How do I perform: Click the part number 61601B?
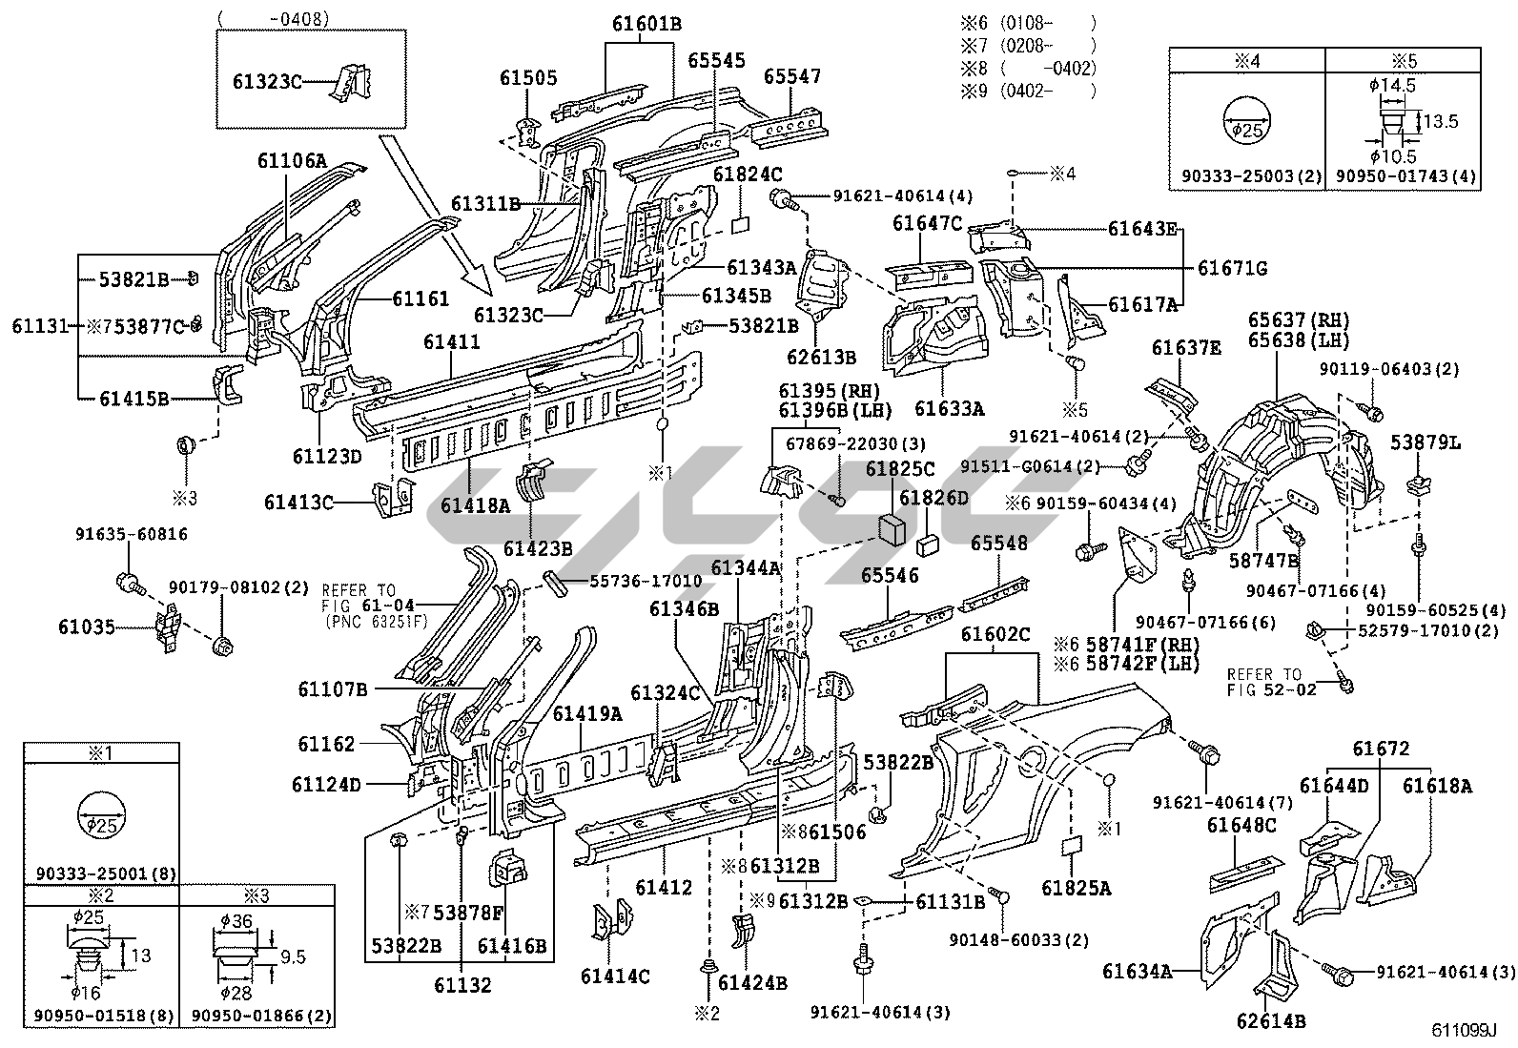tap(646, 24)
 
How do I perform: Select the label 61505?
tap(528, 78)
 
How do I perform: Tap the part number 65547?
tap(792, 76)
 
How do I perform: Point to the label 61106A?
tap(292, 161)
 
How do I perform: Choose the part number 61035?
tap(87, 627)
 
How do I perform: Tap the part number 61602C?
tap(995, 635)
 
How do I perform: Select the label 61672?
tap(1379, 749)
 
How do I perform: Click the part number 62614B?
tap(1270, 1021)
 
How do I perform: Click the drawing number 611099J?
tap(1464, 1031)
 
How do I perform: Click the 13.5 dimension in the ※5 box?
tap(1443, 121)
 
